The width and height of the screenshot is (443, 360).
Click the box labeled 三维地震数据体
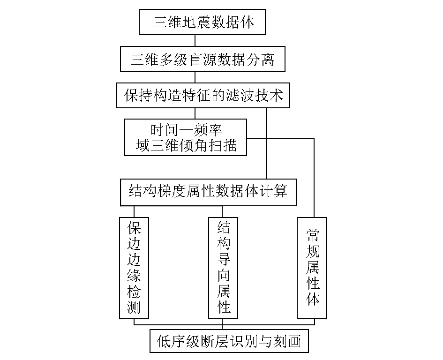(x=202, y=22)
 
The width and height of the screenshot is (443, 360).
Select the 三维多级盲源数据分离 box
(x=203, y=59)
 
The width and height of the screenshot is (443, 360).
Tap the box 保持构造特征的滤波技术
(x=203, y=95)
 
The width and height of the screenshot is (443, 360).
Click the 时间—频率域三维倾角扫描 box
(x=186, y=137)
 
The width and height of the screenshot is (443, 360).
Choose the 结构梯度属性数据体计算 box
(x=208, y=192)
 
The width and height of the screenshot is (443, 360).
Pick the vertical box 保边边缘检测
(x=134, y=268)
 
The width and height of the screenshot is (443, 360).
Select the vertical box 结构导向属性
(x=223, y=268)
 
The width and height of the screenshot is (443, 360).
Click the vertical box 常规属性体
(x=312, y=268)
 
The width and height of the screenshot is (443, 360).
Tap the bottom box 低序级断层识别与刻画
(x=229, y=341)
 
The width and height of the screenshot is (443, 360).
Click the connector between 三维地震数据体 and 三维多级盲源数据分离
(x=195, y=41)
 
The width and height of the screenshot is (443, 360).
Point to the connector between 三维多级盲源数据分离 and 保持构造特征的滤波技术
(x=195, y=77)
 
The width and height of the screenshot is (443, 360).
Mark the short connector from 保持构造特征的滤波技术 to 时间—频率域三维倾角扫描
(x=195, y=113)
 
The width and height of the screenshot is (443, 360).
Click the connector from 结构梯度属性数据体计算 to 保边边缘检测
(x=134, y=212)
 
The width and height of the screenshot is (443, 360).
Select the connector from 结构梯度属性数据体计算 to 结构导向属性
(x=222, y=212)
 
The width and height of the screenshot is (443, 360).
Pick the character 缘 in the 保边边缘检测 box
(x=134, y=275)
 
